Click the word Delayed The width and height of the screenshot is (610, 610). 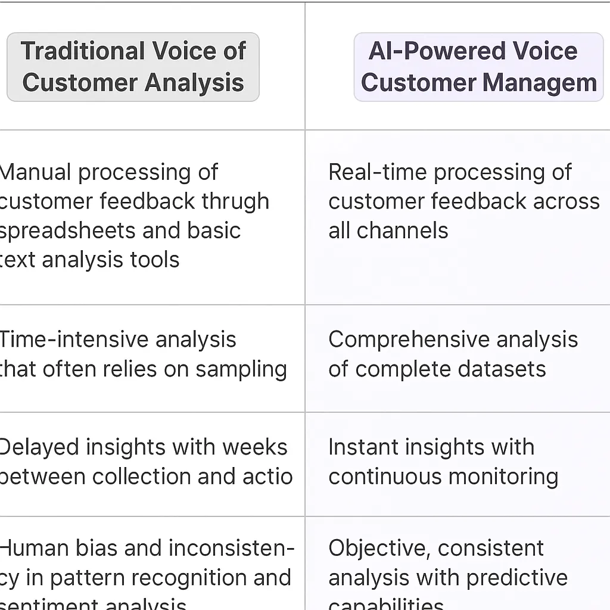pos(39,447)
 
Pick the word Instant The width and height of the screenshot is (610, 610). pos(360,447)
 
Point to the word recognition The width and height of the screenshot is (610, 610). pos(182,577)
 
